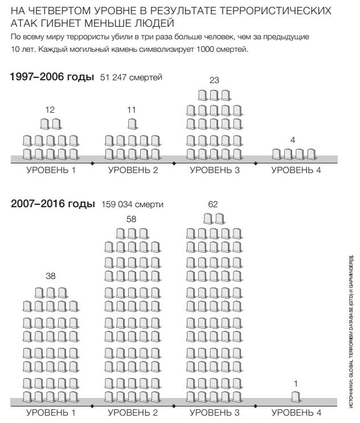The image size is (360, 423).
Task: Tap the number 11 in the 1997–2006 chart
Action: coord(132,109)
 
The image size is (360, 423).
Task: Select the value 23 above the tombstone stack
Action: coord(214,80)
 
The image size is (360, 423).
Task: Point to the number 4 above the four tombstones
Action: coord(293,139)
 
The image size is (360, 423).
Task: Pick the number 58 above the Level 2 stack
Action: coord(132,219)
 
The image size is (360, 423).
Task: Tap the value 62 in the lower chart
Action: coord(214,204)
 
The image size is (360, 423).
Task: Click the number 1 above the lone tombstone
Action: coord(295,382)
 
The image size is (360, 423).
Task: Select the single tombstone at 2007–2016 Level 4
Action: coord(295,396)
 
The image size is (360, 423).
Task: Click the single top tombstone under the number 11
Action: coord(132,124)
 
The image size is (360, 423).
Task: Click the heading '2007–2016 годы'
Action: coord(52,204)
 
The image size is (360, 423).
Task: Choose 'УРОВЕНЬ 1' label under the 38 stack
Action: coord(51,412)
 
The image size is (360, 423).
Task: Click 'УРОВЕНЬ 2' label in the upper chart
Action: coord(133,170)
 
